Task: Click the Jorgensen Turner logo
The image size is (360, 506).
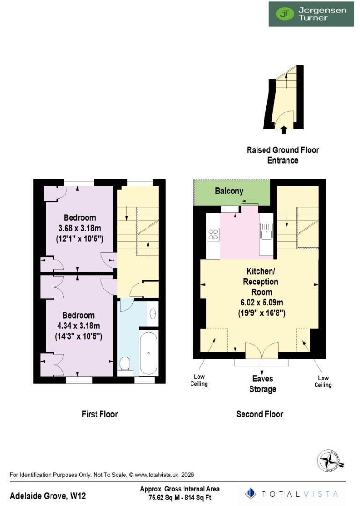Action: (311, 14)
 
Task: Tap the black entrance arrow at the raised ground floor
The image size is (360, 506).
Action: (283, 130)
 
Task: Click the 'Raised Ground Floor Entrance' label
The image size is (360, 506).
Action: (283, 155)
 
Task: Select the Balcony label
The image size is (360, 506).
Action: (229, 191)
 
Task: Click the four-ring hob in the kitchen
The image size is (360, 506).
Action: (213, 234)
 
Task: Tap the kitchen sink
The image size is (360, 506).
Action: (267, 231)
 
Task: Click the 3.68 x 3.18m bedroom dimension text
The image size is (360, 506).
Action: (80, 228)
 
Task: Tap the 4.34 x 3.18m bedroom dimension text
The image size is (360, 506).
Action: (80, 326)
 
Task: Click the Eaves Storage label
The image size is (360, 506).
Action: (263, 384)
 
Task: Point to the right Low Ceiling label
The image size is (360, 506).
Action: (323, 381)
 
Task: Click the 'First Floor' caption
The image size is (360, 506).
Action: (100, 414)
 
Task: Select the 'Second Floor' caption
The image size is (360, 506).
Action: (260, 414)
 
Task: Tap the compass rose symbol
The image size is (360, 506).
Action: (331, 460)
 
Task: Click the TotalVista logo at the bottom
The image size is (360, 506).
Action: (292, 494)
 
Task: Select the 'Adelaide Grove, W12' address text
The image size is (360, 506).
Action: (48, 496)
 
